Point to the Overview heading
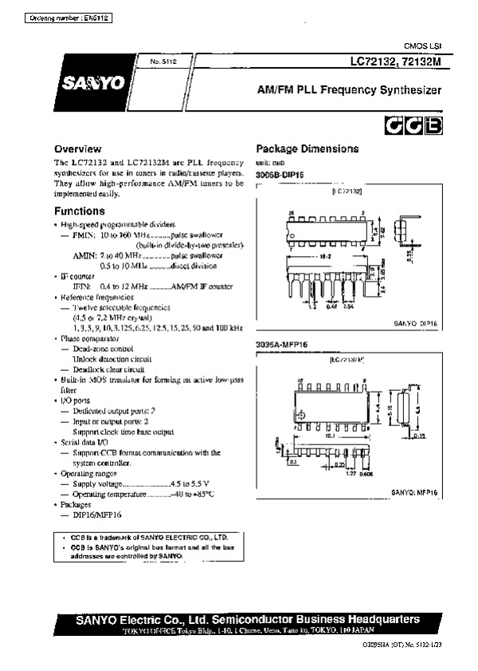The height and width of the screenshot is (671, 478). pyautogui.click(x=77, y=149)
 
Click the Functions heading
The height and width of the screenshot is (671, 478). pyautogui.click(x=79, y=211)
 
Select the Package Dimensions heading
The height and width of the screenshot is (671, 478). pyautogui.click(x=307, y=149)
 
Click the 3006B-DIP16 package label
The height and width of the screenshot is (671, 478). pyautogui.click(x=280, y=173)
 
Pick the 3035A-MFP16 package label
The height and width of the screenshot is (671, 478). pyautogui.click(x=281, y=344)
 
